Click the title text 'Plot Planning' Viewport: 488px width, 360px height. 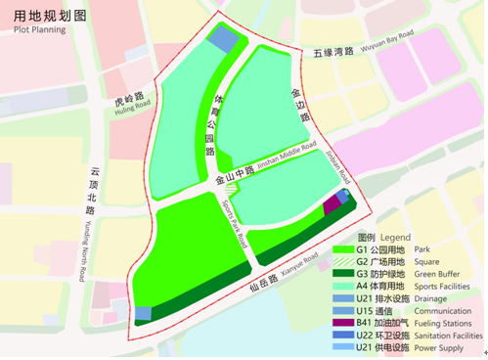[33, 30]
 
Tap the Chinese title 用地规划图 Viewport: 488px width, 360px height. [45, 16]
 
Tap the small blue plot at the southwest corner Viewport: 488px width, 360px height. [144, 313]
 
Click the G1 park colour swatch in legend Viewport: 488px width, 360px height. [341, 249]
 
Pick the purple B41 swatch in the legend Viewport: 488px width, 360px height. [341, 320]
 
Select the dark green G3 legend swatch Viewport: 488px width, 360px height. [341, 273]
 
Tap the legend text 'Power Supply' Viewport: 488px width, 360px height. [439, 346]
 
